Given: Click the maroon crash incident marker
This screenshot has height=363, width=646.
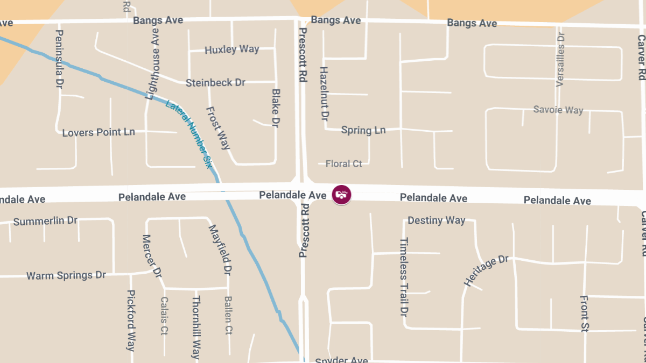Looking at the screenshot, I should [x=341, y=194].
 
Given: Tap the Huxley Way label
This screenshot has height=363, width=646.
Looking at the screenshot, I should [x=232, y=49].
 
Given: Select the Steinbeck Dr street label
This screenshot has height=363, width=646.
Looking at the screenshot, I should [x=215, y=83].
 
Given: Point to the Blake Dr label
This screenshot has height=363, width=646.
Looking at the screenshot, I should [x=276, y=108].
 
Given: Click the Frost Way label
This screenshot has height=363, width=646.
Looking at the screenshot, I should [x=218, y=128].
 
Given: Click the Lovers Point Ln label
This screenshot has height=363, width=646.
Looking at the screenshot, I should [x=99, y=132].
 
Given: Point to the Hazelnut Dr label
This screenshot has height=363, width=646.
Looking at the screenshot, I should [x=324, y=94].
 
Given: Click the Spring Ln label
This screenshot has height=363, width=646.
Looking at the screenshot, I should [x=363, y=130].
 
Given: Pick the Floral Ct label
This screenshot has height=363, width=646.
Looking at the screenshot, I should [x=344, y=163].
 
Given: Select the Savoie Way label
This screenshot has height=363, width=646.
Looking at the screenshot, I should [x=558, y=110].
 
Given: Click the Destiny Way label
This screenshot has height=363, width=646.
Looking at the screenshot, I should [x=436, y=220].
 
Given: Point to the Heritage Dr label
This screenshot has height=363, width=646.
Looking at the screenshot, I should [x=486, y=271].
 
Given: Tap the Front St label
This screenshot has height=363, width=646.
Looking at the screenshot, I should [x=585, y=314].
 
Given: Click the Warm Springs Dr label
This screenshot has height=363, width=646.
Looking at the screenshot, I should [x=66, y=275].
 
